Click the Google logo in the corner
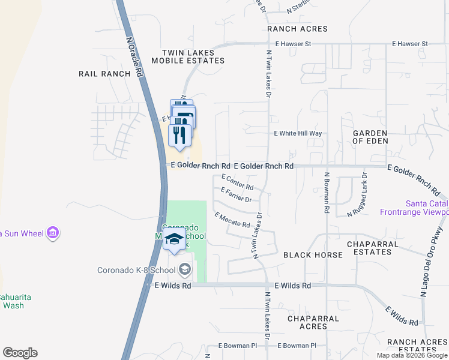(x=20, y=352)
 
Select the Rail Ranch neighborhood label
(x=104, y=74)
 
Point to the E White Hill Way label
(x=298, y=133)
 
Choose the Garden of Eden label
(x=370, y=137)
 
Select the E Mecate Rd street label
(x=232, y=220)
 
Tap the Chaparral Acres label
(x=313, y=323)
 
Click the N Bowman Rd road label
(x=327, y=193)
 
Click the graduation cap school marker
(x=174, y=239)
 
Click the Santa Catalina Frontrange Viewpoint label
(x=414, y=207)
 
